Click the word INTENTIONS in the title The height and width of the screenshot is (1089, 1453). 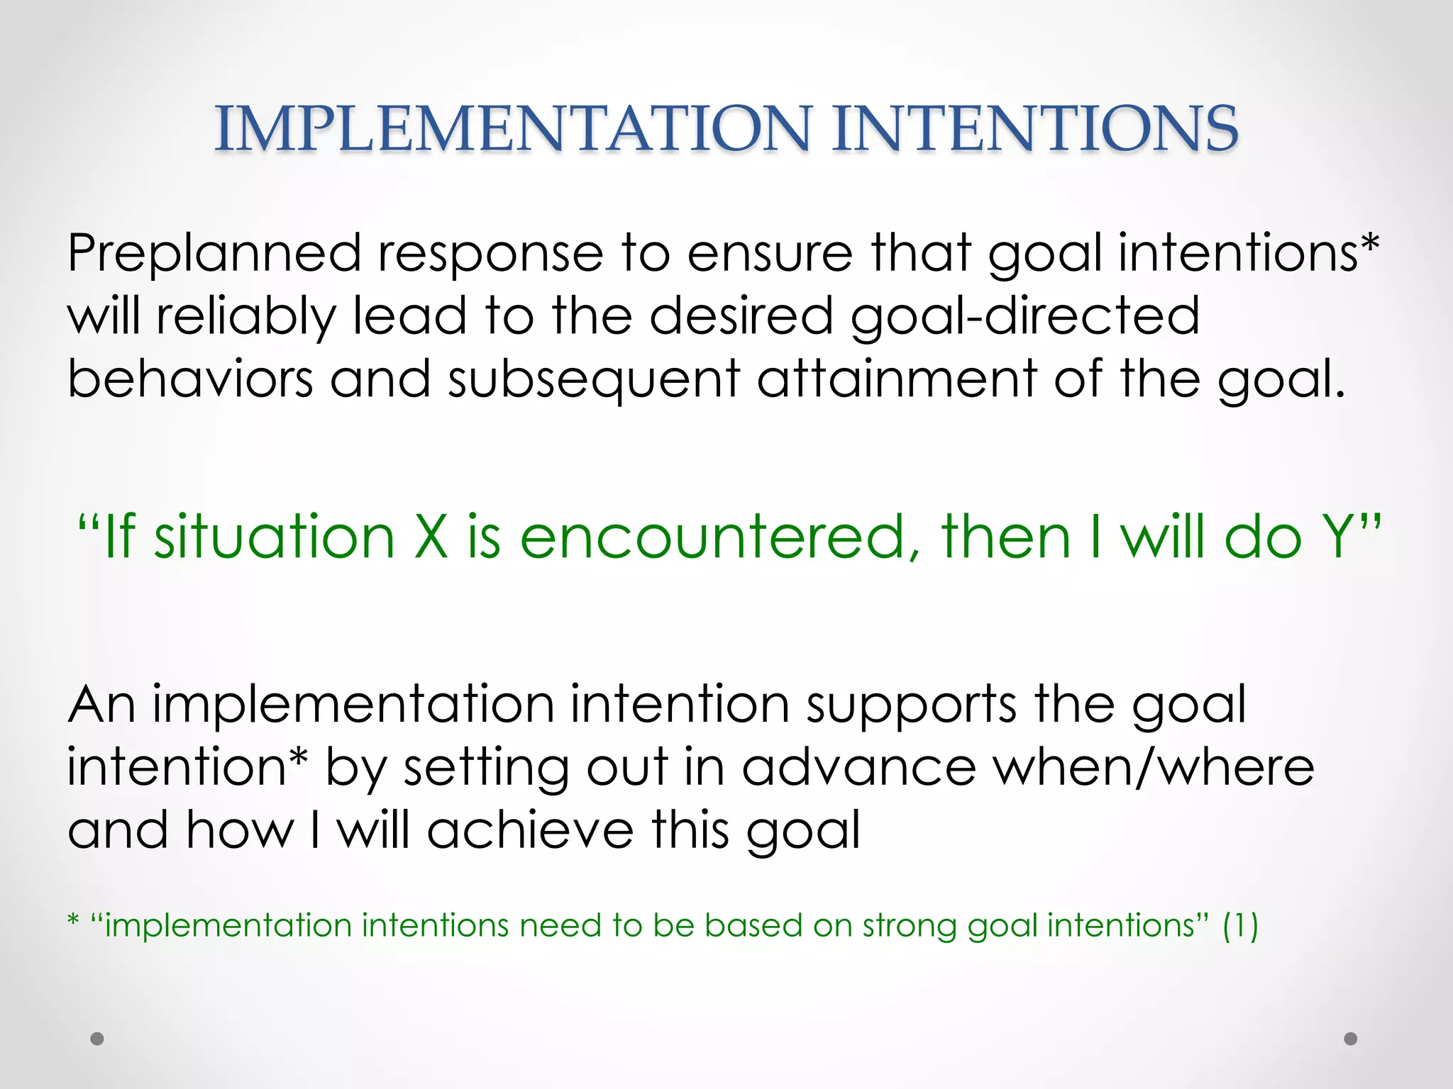click(x=1034, y=128)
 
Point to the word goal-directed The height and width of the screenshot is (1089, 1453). click(x=1024, y=317)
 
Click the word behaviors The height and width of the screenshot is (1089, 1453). click(x=190, y=379)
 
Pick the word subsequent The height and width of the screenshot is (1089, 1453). click(x=594, y=380)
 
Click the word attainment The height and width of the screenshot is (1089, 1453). click(x=897, y=379)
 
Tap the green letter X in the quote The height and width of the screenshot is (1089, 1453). click(x=431, y=537)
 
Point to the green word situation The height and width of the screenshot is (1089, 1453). click(x=275, y=537)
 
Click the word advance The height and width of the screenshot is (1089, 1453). click(x=859, y=768)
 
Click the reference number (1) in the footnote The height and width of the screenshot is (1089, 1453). click(x=1240, y=926)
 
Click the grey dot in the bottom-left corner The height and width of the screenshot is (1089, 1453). click(x=97, y=1039)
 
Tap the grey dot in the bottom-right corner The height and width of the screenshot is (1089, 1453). click(x=1351, y=1039)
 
